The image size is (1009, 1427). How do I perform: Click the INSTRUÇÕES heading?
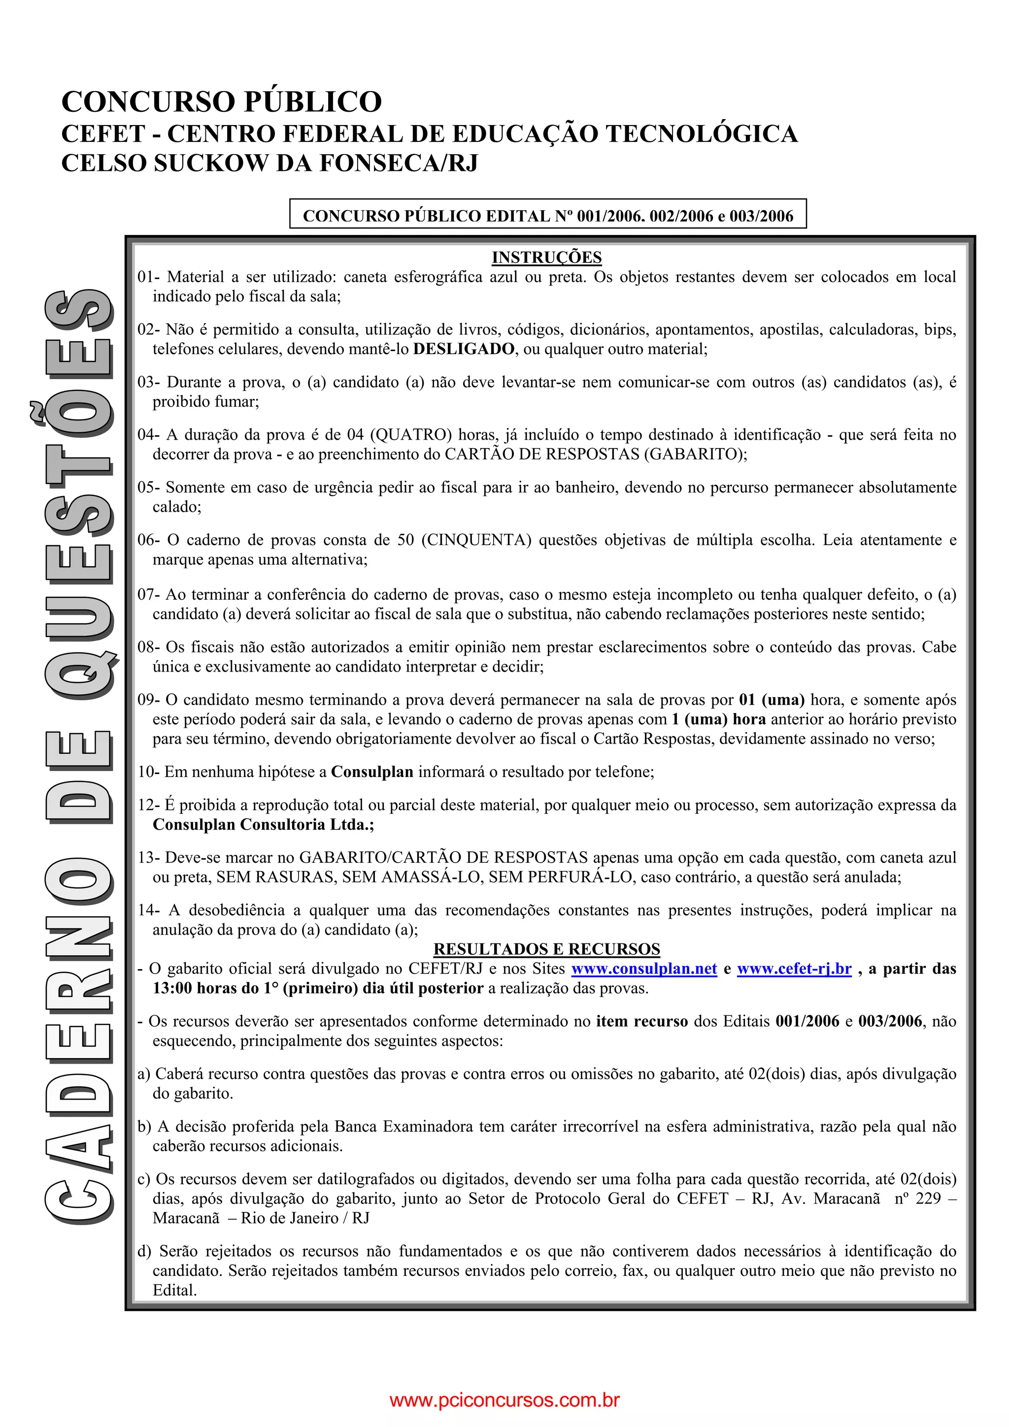click(546, 258)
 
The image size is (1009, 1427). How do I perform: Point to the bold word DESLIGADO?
click(464, 349)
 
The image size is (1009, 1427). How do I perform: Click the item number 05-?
click(149, 487)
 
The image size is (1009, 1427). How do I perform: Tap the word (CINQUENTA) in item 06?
click(476, 540)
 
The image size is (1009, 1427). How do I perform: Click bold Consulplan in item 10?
click(372, 772)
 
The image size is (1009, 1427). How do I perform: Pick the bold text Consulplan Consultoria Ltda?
click(264, 825)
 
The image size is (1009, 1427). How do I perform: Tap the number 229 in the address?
click(928, 1199)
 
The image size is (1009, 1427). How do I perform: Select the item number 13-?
click(149, 858)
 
